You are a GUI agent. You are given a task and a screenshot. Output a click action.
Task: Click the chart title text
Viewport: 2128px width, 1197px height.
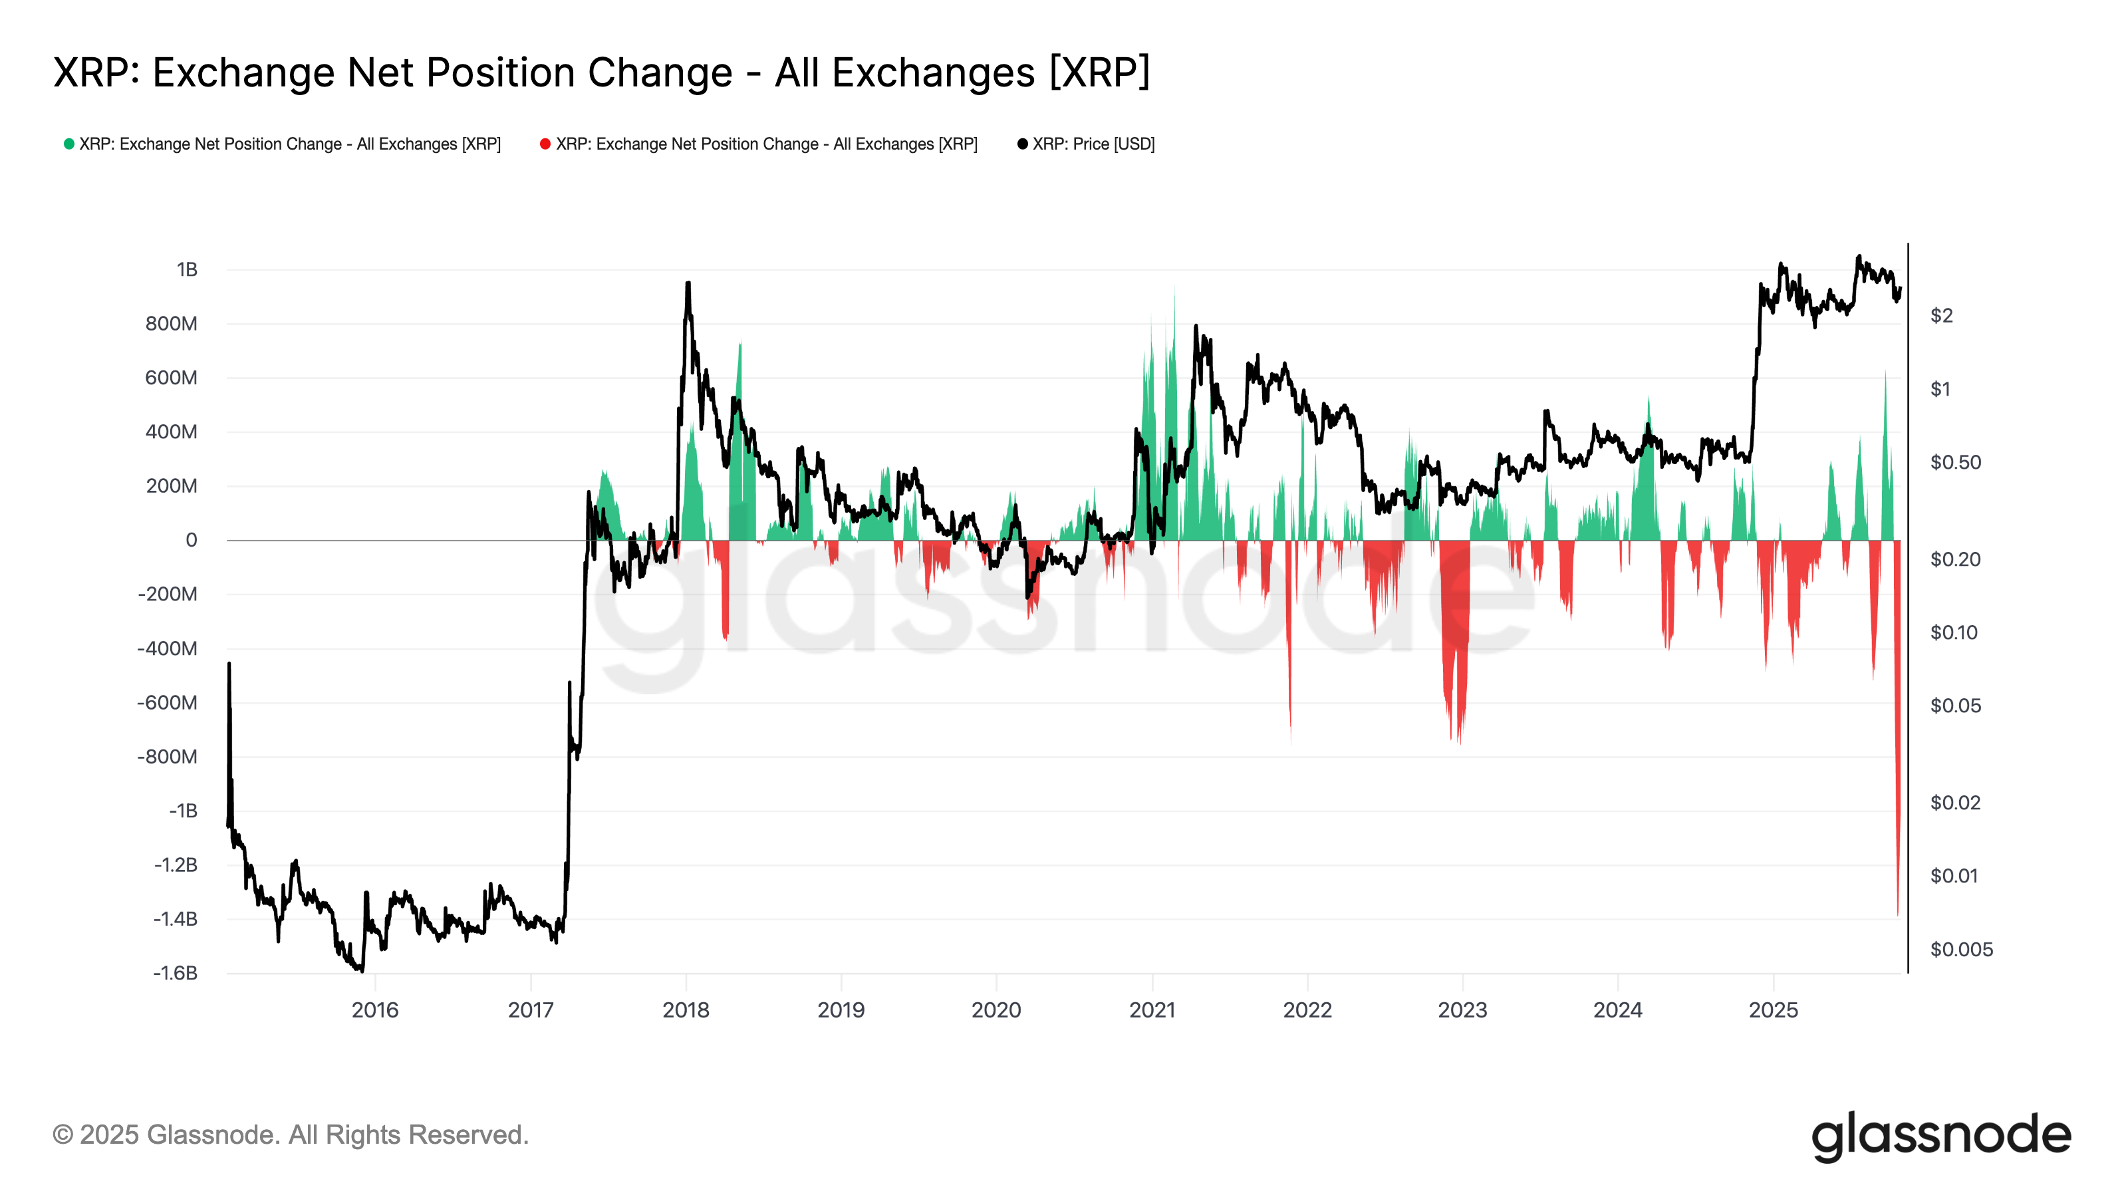click(601, 72)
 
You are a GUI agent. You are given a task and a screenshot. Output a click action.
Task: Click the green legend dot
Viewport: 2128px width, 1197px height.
click(69, 144)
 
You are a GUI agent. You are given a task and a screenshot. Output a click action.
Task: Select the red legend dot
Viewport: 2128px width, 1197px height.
click(545, 144)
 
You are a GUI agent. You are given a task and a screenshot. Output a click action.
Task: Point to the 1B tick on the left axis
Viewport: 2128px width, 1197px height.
click(187, 269)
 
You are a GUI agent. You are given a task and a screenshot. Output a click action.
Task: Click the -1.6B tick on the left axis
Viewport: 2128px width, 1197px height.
click(175, 972)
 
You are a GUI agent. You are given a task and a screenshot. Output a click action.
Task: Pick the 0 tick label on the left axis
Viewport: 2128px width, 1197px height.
click(191, 540)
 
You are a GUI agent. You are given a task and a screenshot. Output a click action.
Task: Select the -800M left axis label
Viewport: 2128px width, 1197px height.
click(168, 757)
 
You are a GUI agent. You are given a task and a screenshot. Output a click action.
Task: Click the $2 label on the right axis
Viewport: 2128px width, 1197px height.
click(1941, 316)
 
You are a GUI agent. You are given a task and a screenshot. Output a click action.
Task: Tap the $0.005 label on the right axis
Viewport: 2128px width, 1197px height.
click(1961, 949)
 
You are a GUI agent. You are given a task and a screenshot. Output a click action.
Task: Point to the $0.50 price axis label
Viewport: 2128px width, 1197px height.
click(1955, 463)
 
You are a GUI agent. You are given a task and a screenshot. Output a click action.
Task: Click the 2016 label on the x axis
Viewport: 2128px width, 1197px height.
click(375, 1009)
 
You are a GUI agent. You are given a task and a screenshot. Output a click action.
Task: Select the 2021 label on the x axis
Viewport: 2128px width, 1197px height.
click(1152, 1009)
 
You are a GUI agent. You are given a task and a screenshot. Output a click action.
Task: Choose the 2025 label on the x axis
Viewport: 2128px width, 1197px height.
click(1774, 1009)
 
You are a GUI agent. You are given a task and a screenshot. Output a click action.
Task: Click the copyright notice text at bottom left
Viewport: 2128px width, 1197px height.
click(290, 1134)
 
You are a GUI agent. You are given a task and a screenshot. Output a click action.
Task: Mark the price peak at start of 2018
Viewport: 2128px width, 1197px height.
click(688, 283)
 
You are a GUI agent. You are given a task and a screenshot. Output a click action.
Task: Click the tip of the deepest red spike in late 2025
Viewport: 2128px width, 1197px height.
click(1897, 915)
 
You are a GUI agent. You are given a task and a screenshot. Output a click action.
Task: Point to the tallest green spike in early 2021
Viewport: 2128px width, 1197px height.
click(1174, 287)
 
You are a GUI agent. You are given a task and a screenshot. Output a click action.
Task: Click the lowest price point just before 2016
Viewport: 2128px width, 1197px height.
click(361, 971)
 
